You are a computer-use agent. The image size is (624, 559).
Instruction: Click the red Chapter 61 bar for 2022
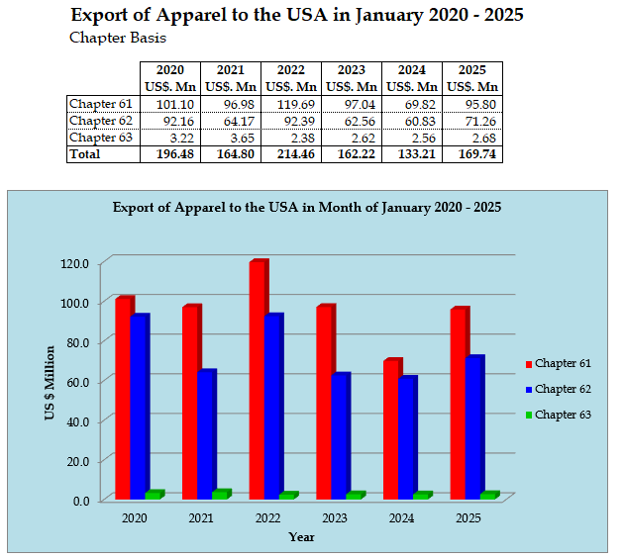258,381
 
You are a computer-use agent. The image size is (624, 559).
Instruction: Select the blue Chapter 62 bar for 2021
205,435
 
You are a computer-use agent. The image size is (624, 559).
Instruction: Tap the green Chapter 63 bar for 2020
153,495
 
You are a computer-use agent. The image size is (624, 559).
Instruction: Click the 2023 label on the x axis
335,518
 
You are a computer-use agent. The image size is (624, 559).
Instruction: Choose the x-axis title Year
302,537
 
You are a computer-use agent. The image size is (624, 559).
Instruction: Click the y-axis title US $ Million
51,382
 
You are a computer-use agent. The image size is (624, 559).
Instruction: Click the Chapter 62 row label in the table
99,121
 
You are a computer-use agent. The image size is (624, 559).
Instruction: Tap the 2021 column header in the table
231,70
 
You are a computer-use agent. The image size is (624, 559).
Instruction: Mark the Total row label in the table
85,154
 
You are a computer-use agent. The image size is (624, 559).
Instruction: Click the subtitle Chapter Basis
117,39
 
